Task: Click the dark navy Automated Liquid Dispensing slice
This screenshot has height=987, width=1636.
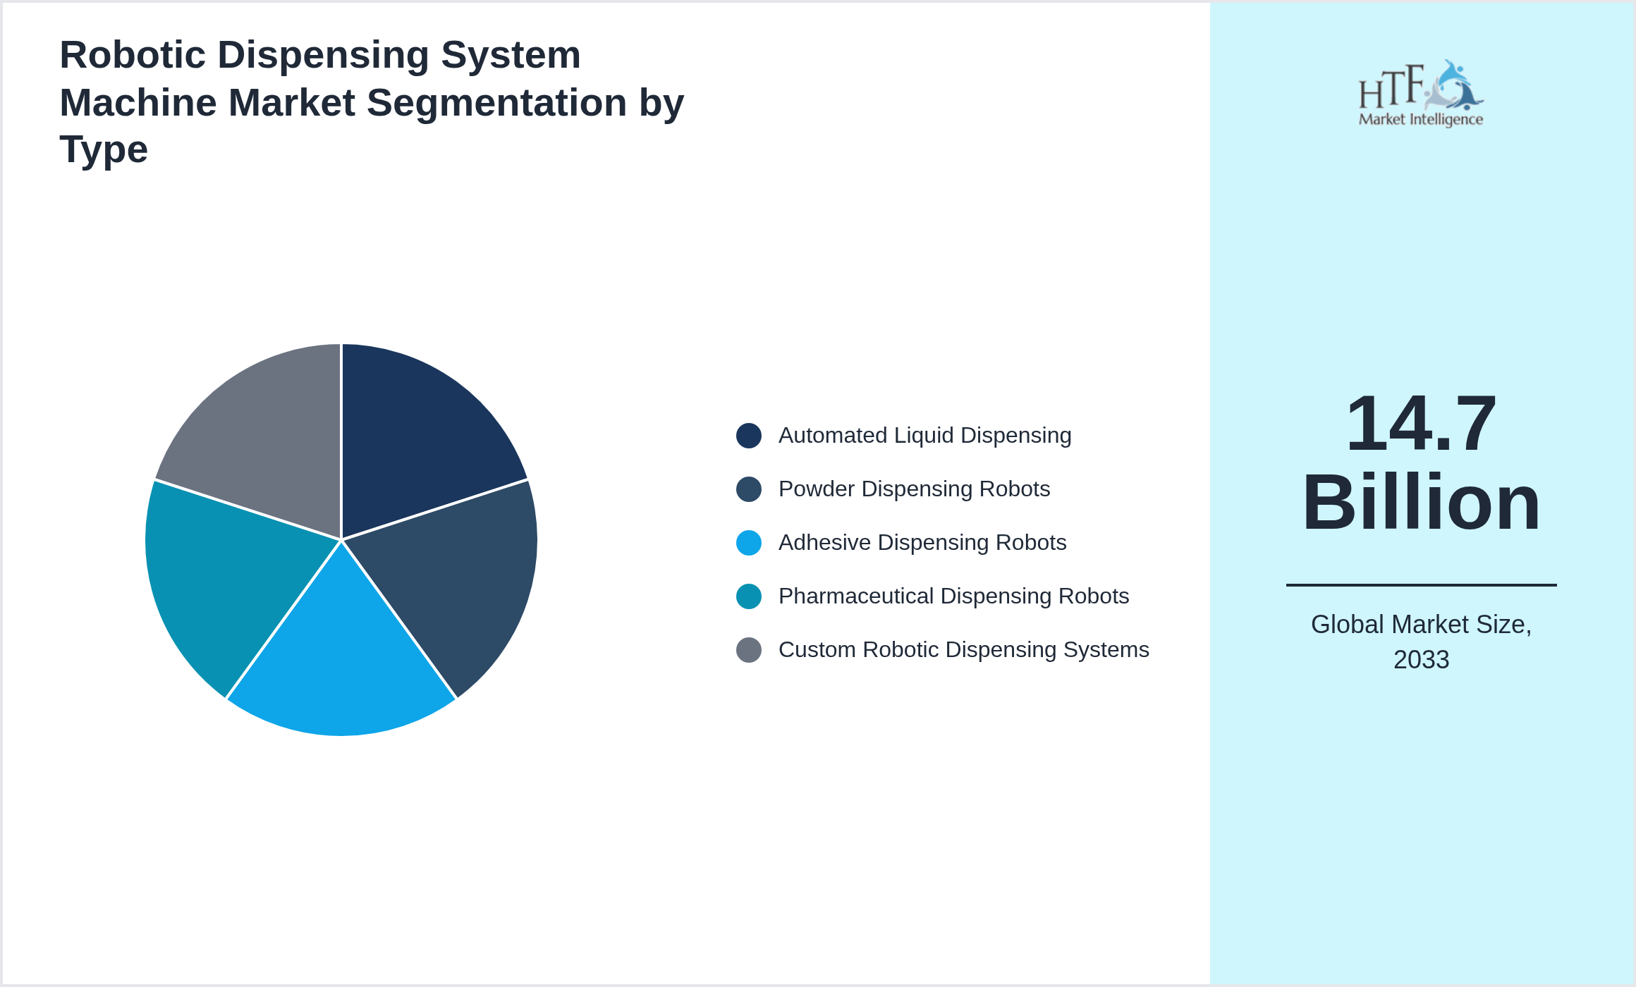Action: point(416,444)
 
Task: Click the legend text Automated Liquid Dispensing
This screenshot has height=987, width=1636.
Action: point(924,436)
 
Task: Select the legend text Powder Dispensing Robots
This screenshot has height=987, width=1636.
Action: point(914,489)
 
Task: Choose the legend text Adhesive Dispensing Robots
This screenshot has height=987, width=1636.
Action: point(922,543)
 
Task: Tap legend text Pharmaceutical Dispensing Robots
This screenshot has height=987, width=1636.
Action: point(953,596)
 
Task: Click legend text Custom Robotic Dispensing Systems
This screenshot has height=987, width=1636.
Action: point(963,650)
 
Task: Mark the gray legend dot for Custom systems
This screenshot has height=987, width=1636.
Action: point(749,650)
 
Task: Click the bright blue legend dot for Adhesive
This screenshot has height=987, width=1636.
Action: point(749,543)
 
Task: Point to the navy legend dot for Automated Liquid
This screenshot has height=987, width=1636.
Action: point(749,436)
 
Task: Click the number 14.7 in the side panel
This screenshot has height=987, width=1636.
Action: point(1421,424)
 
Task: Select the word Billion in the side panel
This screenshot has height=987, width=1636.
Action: point(1421,503)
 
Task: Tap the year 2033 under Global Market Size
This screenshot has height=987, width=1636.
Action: point(1421,660)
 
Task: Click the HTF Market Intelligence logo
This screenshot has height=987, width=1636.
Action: point(1421,93)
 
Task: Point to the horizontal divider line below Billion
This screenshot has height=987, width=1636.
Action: point(1421,584)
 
